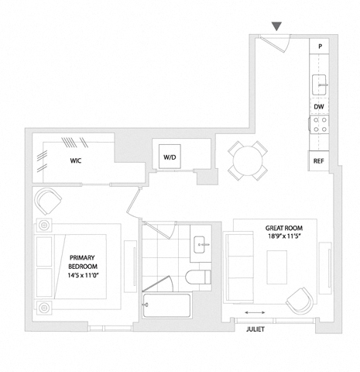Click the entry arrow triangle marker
(x=276, y=26)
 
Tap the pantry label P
(x=320, y=46)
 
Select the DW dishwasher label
(x=319, y=106)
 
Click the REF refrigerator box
(x=318, y=161)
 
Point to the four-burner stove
(x=319, y=124)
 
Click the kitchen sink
(x=319, y=84)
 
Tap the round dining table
(x=248, y=161)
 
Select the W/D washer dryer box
(x=170, y=157)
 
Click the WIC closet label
(x=76, y=160)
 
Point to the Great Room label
(x=284, y=232)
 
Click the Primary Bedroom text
(x=83, y=267)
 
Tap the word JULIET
(x=255, y=329)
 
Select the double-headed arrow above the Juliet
(x=255, y=312)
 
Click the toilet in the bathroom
(x=198, y=277)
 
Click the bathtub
(x=167, y=305)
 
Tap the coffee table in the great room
(x=277, y=267)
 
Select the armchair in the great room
(x=300, y=301)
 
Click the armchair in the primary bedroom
(x=48, y=201)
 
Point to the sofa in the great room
(x=239, y=267)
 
